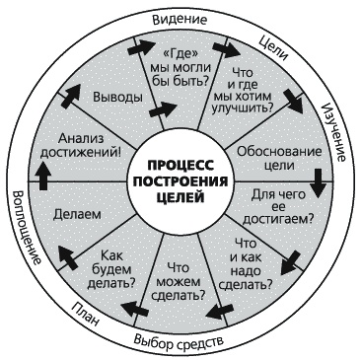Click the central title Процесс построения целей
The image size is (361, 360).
(180, 180)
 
